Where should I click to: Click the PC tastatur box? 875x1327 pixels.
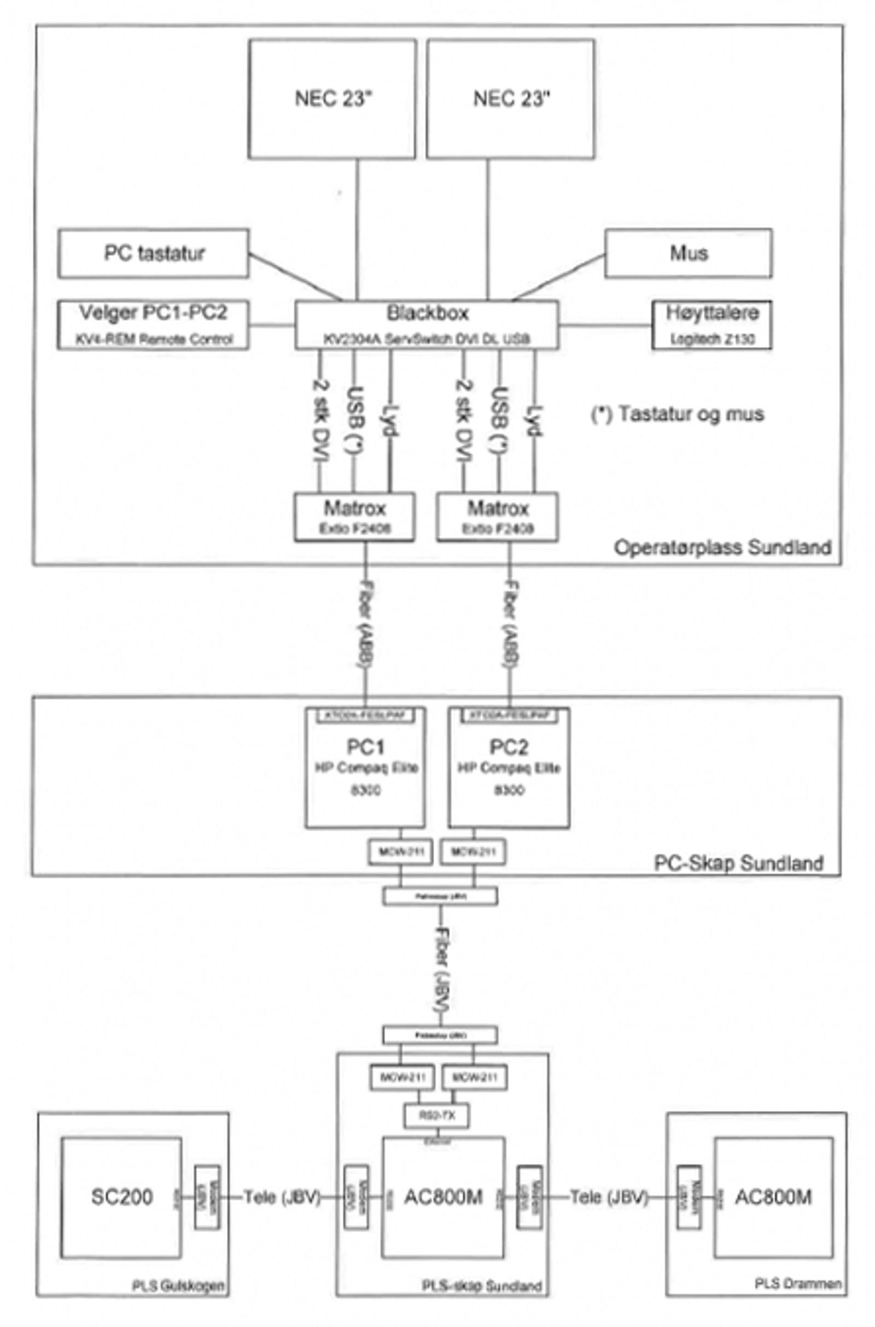click(154, 253)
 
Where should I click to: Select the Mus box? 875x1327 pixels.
click(689, 253)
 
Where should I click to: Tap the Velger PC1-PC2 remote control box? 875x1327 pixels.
click(154, 325)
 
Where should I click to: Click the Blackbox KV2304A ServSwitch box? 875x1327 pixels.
click(427, 325)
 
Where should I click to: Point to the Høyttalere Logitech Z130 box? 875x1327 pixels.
click(712, 326)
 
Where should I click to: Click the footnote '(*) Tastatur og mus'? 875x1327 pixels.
click(678, 414)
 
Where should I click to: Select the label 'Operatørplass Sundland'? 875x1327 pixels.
click(722, 547)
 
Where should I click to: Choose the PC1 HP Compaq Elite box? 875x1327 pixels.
click(365, 768)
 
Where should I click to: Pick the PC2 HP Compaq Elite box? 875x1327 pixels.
click(509, 768)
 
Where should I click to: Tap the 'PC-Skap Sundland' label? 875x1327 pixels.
click(738, 863)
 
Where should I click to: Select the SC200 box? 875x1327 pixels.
click(121, 1197)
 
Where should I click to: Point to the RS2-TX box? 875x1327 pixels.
click(436, 1115)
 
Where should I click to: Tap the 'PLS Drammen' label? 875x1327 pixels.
click(798, 1283)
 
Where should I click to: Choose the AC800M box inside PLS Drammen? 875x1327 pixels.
click(773, 1197)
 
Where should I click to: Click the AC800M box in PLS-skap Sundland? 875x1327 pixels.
click(443, 1197)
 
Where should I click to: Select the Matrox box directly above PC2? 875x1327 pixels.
click(498, 517)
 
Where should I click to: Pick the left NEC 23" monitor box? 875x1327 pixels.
click(332, 99)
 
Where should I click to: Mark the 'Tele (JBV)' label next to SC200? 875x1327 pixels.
click(282, 1197)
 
